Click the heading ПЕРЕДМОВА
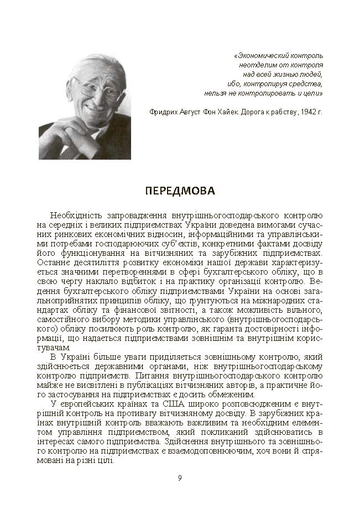(180, 191)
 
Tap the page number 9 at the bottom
(180, 478)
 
